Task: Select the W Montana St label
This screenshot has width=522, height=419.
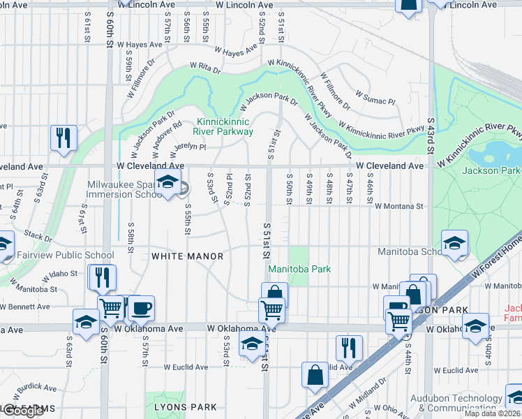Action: (399, 207)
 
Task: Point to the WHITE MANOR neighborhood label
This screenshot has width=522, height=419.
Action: (188, 256)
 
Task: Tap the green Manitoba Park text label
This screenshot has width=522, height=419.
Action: (299, 269)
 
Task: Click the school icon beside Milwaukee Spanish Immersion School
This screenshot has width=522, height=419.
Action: (167, 183)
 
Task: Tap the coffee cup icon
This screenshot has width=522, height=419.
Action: (141, 308)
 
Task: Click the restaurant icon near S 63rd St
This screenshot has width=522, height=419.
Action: (64, 138)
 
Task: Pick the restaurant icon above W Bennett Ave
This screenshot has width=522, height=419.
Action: (102, 277)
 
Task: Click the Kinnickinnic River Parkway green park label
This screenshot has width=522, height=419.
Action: (224, 126)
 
